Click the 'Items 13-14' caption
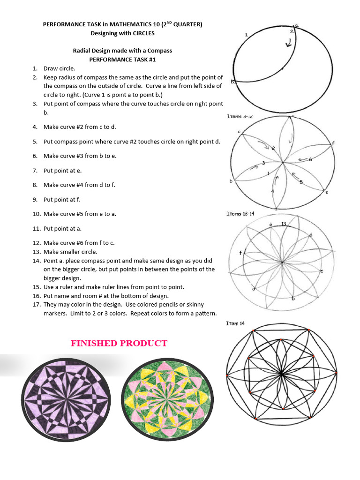(x=240, y=214)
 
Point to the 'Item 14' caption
(x=235, y=323)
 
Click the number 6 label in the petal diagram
(x=310, y=159)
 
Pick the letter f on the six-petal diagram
(x=333, y=142)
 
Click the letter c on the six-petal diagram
(x=239, y=132)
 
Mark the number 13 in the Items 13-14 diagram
(x=284, y=224)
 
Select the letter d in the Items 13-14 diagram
(x=311, y=234)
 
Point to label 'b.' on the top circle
(x=233, y=82)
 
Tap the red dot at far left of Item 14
(x=227, y=375)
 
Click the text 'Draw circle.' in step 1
(x=59, y=68)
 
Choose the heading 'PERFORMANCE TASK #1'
(x=122, y=60)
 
